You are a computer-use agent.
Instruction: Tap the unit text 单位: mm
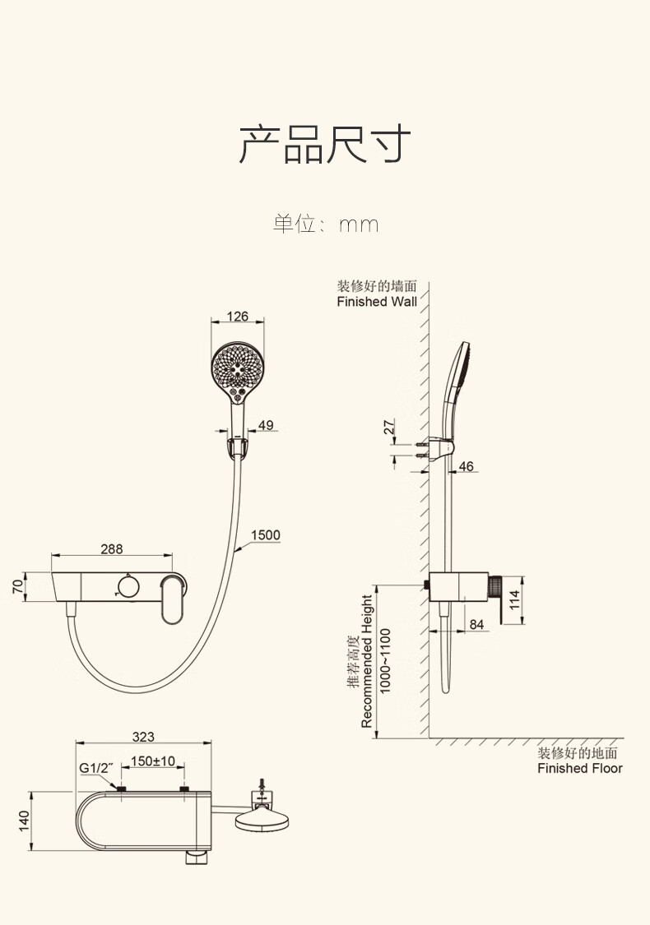click(x=325, y=224)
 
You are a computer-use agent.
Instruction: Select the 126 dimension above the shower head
click(x=237, y=317)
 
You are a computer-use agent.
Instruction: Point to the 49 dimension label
click(x=266, y=425)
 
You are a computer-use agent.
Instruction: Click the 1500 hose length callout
click(x=266, y=535)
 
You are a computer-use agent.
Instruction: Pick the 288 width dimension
click(x=112, y=548)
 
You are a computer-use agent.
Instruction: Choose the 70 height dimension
click(x=18, y=585)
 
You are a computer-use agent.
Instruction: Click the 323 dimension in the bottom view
click(x=143, y=736)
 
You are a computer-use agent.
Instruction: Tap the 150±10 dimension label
click(x=153, y=761)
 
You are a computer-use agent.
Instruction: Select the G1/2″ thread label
click(x=96, y=768)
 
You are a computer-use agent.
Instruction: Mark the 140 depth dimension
click(x=24, y=821)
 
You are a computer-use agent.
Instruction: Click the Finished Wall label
click(x=377, y=302)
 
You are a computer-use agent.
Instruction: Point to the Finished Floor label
click(x=580, y=768)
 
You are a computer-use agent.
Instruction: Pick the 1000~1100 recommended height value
click(x=386, y=661)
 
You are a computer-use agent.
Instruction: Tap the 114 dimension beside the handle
click(x=515, y=600)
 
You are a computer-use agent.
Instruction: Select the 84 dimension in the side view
click(x=476, y=624)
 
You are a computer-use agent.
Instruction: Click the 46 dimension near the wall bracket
click(x=466, y=466)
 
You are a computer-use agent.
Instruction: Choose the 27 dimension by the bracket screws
click(x=390, y=427)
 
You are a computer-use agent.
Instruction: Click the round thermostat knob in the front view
click(x=128, y=586)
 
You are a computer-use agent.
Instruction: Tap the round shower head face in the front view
click(x=237, y=367)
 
